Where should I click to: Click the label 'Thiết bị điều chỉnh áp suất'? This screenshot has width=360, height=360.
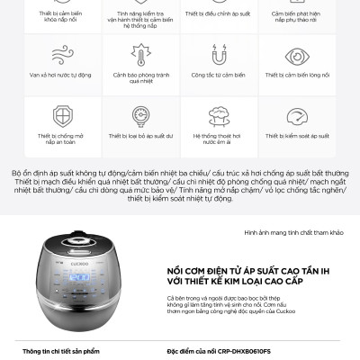218,14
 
